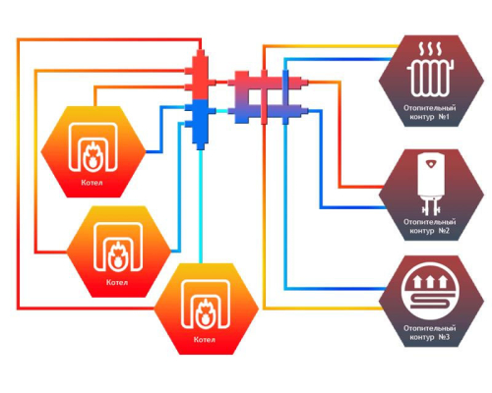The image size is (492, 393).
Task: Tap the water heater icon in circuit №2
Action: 431,184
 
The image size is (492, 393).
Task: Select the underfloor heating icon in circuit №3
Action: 430,291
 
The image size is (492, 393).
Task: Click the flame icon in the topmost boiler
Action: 92,155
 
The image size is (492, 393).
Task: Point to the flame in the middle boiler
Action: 117,255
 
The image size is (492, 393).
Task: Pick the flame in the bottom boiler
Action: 205,312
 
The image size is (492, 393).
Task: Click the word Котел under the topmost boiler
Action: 92,183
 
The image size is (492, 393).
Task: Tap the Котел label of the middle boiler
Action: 117,282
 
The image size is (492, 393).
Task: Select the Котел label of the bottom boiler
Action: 205,339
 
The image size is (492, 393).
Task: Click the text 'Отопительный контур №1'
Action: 430,112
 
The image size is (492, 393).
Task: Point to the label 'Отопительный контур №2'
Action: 430,226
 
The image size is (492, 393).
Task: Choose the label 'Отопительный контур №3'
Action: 430,332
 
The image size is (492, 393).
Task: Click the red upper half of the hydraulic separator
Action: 200,75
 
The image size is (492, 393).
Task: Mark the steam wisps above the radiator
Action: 430,49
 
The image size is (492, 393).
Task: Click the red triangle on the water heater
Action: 430,163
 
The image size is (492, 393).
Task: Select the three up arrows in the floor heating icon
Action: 430,281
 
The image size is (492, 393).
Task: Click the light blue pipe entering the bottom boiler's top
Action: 201,206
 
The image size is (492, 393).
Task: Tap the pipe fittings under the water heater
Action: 430,207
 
